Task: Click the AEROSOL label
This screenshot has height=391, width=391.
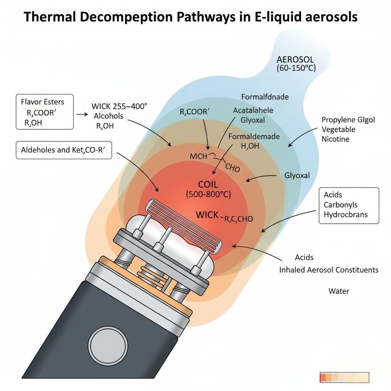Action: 295,60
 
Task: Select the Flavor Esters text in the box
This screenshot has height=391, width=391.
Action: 42,102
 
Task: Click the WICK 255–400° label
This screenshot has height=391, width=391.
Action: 119,107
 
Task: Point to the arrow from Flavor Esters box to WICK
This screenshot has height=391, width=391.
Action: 82,114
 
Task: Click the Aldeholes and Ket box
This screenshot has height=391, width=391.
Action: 63,150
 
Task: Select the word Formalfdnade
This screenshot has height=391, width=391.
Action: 265,97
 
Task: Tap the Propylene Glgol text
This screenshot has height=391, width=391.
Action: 348,120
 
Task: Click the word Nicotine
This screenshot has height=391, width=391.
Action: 335,139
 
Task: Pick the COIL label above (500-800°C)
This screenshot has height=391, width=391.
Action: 208,185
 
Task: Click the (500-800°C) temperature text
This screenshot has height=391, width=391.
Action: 208,194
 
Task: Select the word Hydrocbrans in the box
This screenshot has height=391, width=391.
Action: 345,214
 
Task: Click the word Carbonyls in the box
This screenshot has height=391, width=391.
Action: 340,205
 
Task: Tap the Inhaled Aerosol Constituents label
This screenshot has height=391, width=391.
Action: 329,270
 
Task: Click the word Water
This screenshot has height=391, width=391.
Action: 339,291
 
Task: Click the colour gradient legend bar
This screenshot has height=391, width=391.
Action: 344,378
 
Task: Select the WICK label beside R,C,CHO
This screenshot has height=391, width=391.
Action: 207,215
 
